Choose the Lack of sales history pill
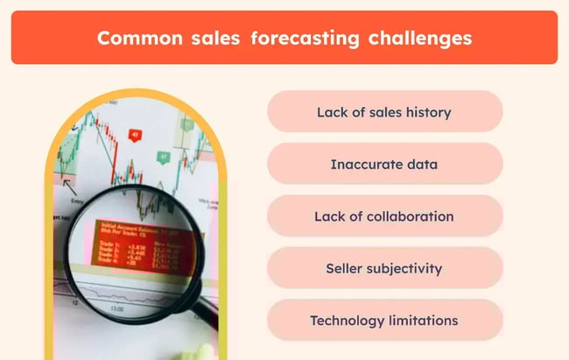point(384,111)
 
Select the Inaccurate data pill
point(384,164)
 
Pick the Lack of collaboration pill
point(384,215)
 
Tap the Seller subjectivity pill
point(384,268)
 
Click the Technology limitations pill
point(384,320)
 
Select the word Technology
point(345,320)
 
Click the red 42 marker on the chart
point(135,135)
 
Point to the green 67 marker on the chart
point(163,157)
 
